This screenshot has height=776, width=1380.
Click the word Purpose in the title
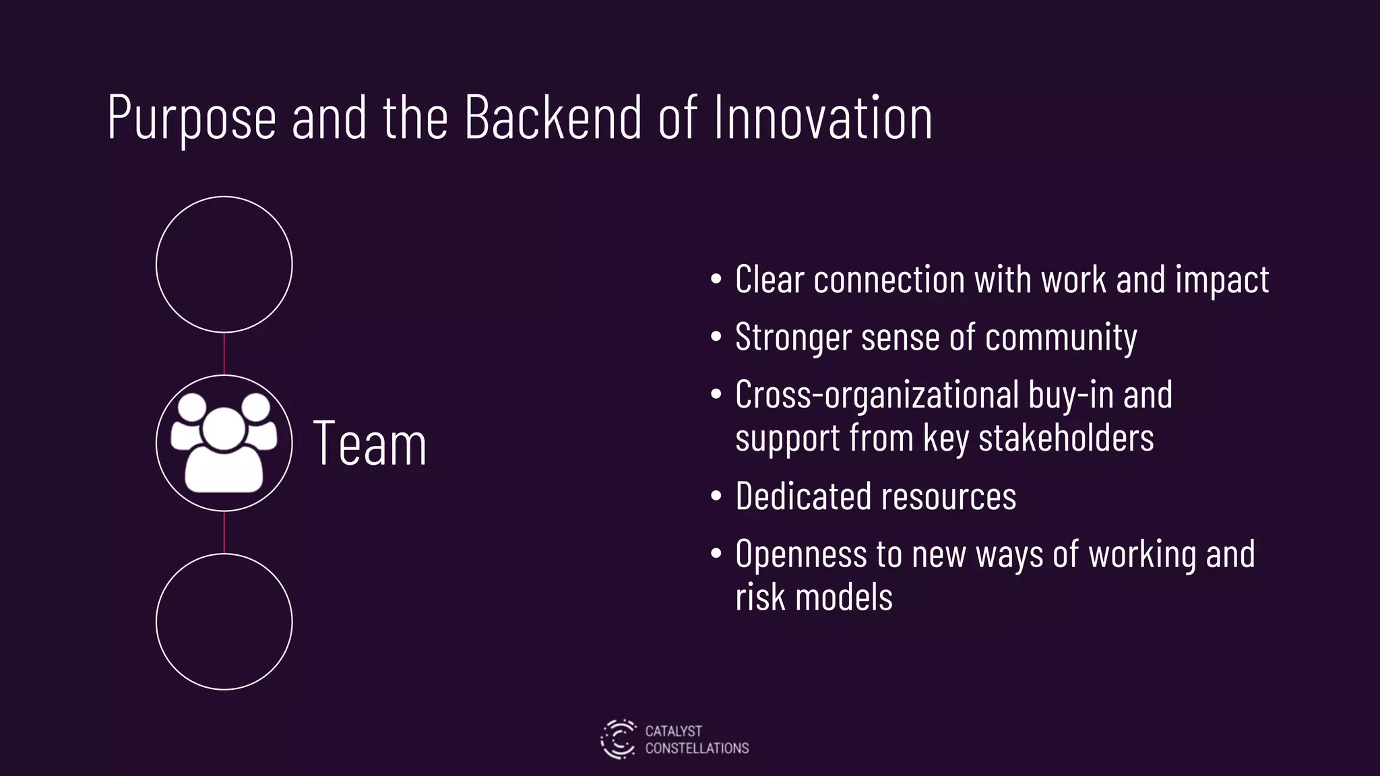tap(191, 119)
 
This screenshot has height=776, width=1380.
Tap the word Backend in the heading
tap(553, 117)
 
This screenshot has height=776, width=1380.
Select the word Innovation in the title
tap(822, 117)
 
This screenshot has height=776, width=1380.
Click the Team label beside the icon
tap(370, 444)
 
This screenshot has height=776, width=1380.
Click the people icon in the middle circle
tap(224, 443)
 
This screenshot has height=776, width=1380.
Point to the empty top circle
tap(224, 264)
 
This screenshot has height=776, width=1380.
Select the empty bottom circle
tap(224, 621)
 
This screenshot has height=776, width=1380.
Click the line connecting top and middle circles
tap(224, 354)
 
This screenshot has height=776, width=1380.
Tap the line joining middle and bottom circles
tap(224, 532)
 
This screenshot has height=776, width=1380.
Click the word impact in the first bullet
tap(1222, 280)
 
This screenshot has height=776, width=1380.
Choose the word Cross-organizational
tap(877, 395)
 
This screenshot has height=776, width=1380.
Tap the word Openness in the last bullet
tap(800, 554)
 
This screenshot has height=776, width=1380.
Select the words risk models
tap(813, 597)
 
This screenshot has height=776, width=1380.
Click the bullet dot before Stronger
tap(716, 337)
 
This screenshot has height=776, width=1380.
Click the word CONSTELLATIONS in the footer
tap(697, 748)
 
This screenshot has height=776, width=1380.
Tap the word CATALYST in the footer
tap(673, 731)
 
